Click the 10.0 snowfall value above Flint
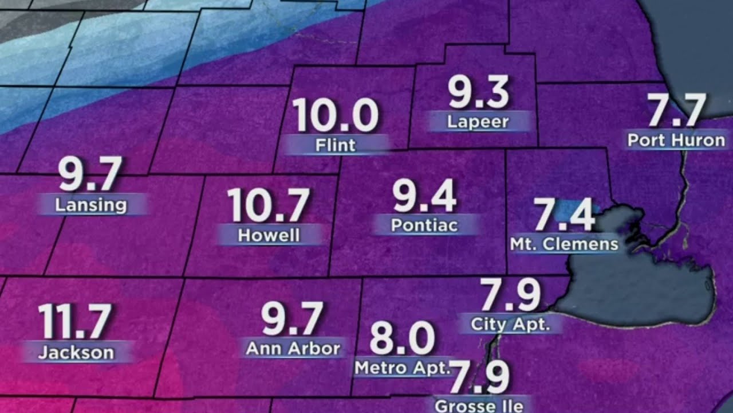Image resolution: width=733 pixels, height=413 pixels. pos(336,115)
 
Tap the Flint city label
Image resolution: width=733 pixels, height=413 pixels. pos(336,145)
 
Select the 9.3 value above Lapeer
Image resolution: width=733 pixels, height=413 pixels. pos(478,92)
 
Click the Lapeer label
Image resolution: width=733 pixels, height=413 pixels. pos(478,122)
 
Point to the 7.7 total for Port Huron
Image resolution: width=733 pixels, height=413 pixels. pos(676,110)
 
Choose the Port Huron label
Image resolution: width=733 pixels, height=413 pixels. pos(676,140)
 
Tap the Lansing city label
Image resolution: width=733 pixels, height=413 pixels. pos(91,204)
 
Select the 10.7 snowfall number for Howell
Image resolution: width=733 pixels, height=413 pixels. pos(269,205)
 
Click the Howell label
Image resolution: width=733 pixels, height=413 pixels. pos(269,235)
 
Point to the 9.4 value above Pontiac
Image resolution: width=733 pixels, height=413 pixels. pos(424,196)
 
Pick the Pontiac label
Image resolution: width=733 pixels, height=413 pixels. pos(424,225)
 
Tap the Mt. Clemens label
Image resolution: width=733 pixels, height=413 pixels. pos(564,244)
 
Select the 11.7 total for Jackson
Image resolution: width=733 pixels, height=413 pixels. pos(74,322)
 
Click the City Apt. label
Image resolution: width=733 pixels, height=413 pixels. pos(510,324)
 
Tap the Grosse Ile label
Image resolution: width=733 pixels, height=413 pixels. pos(478,406)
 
